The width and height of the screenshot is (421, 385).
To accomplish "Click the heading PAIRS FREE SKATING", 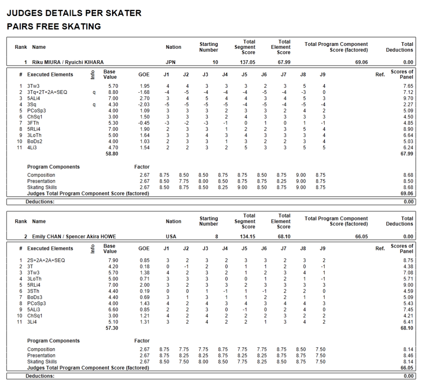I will click(x=54, y=27).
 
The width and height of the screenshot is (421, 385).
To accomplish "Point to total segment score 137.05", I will click(x=248, y=62).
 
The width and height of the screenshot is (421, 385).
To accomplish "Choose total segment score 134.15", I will click(x=248, y=236).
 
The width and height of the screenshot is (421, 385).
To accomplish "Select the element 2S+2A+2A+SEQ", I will click(x=46, y=260).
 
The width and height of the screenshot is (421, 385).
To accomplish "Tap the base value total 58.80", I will click(x=111, y=154).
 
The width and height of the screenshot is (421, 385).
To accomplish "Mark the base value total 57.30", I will click(x=111, y=328).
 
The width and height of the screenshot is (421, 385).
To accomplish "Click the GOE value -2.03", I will click(x=144, y=105).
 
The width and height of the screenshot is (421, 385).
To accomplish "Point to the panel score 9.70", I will click(x=408, y=99).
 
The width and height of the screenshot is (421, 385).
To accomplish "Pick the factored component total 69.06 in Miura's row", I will click(x=361, y=62).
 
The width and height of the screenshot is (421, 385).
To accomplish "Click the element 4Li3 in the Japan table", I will click(x=32, y=148).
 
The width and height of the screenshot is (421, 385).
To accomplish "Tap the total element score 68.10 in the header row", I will click(x=284, y=236).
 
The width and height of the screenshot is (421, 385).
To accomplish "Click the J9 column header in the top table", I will click(x=322, y=75).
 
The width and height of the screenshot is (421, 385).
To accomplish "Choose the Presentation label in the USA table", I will click(x=41, y=355).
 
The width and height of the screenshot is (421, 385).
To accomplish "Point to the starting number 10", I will click(x=215, y=62).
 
